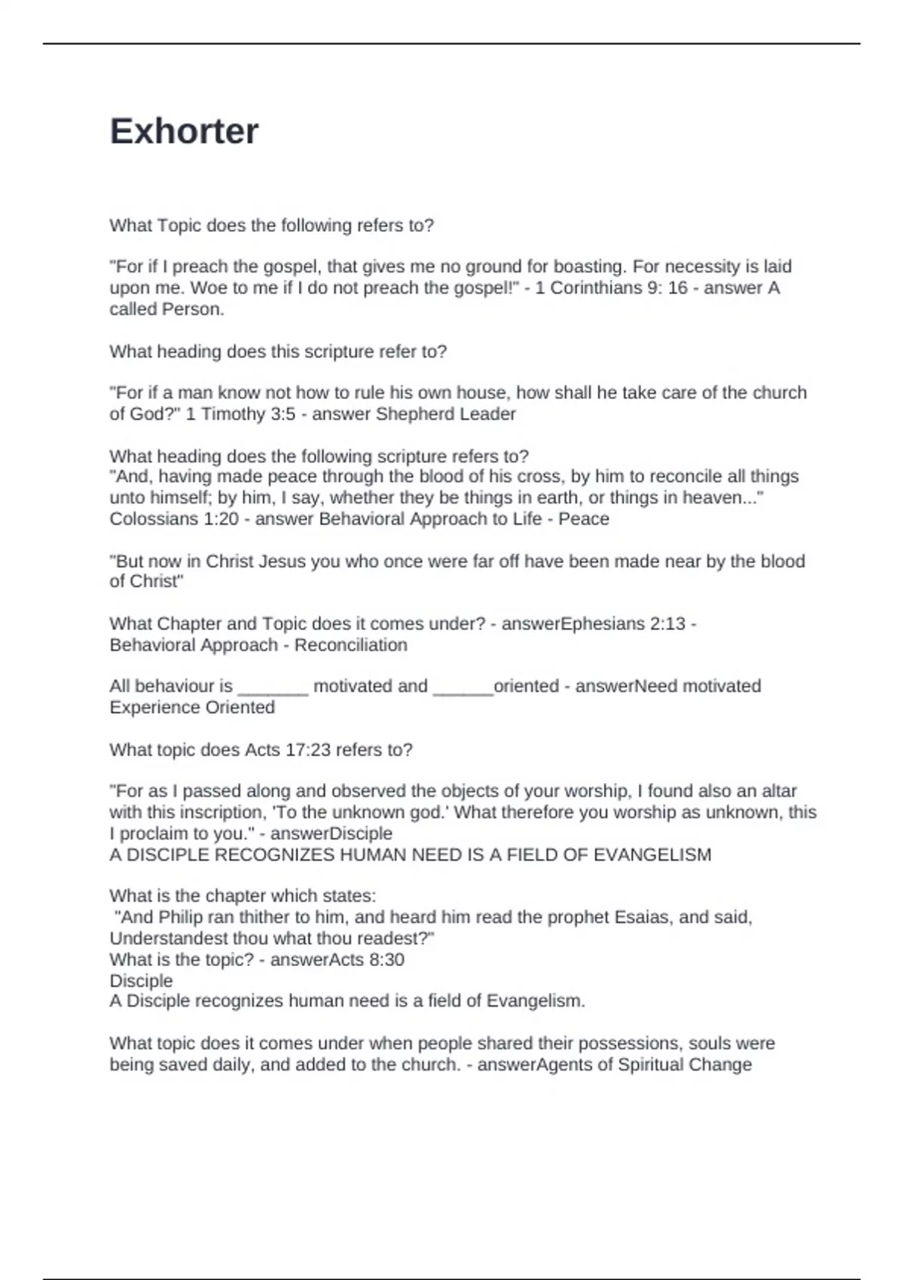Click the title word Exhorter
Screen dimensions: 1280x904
pos(184,131)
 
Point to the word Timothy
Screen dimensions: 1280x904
pos(231,414)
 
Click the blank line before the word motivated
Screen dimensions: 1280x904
pos(273,687)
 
